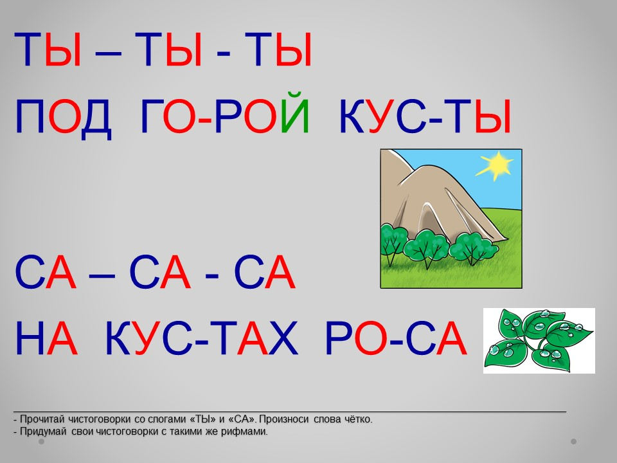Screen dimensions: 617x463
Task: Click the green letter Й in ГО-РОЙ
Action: click(x=295, y=112)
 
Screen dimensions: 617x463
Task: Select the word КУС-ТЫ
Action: click(x=425, y=116)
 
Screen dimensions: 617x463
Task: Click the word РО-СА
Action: click(x=397, y=338)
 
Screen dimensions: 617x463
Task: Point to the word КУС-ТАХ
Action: click(x=202, y=338)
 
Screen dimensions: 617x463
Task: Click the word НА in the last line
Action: click(x=46, y=338)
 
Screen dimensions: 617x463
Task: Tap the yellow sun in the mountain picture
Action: click(x=495, y=166)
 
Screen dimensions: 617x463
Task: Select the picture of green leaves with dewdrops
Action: click(x=539, y=341)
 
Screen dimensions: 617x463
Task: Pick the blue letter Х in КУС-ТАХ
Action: click(x=283, y=338)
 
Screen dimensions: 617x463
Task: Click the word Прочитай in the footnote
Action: click(x=42, y=419)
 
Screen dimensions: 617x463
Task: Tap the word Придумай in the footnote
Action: click(x=42, y=431)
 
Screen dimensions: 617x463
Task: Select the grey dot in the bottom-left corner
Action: click(x=41, y=442)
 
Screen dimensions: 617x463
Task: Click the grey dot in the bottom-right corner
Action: click(x=574, y=442)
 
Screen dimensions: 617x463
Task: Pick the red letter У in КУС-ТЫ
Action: click(x=382, y=116)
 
